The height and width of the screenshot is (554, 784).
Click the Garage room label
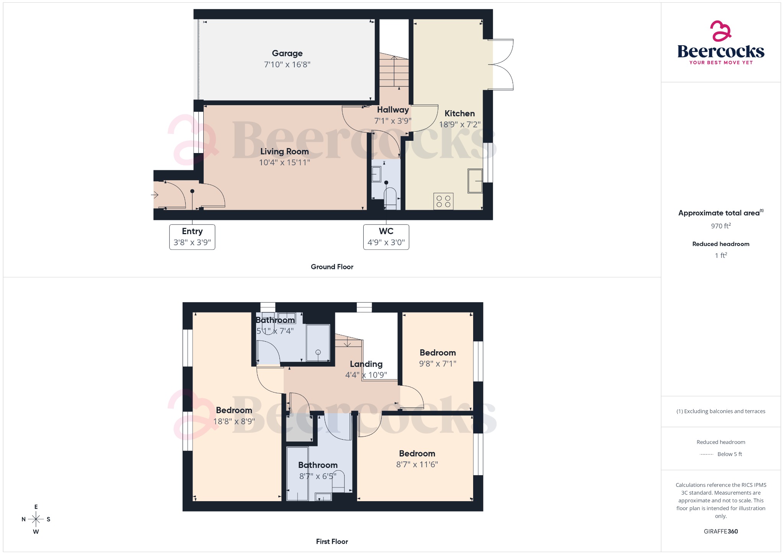click(287, 54)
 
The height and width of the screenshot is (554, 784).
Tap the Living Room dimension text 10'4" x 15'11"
click(284, 163)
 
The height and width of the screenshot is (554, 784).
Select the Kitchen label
click(459, 114)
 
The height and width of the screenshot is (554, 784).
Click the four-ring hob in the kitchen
click(443, 201)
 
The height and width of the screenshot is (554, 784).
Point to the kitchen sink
click(475, 181)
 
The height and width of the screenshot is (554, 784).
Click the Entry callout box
click(192, 237)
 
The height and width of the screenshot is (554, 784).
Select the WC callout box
click(386, 237)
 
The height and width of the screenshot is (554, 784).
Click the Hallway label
click(393, 110)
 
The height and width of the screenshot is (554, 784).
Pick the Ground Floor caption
click(332, 267)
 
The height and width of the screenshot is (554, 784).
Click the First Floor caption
click(332, 541)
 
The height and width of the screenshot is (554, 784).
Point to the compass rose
click(36, 519)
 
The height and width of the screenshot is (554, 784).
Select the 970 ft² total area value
click(721, 226)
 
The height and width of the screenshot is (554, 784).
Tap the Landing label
click(366, 364)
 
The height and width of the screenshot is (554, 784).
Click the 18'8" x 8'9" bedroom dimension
click(234, 421)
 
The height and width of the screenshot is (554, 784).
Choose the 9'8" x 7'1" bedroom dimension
click(438, 363)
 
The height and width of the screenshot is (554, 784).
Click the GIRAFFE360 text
click(721, 531)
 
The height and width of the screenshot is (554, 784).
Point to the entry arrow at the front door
click(155, 195)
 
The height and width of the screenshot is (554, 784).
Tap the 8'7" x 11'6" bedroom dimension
click(417, 464)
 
